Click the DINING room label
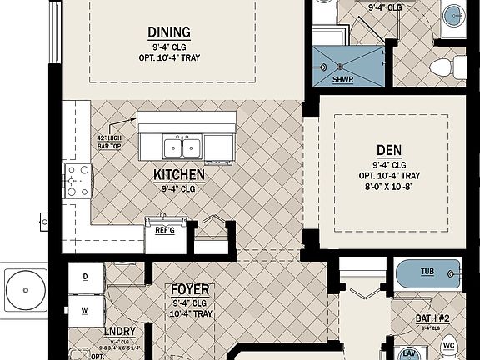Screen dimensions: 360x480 169,32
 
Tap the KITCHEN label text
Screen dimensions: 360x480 178,176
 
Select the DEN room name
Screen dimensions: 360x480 389,150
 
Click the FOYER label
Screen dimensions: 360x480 190,290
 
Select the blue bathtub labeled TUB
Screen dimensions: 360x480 427,273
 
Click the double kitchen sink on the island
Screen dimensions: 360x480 182,147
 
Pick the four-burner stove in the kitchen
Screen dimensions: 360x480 78,180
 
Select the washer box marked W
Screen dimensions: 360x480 86,310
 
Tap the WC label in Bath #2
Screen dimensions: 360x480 447,342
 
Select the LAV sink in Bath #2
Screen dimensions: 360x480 410,353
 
